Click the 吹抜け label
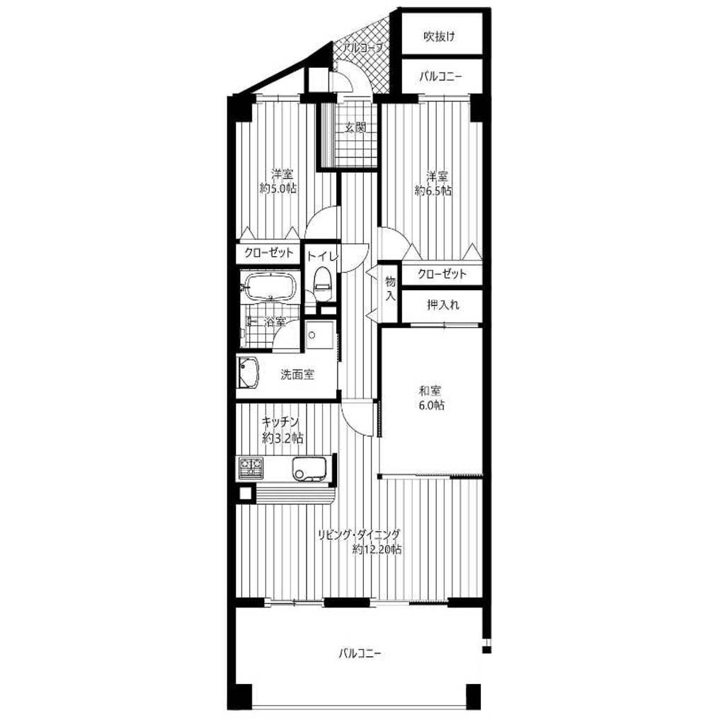coord(439,37)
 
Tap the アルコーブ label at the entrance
coord(362,47)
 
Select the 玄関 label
coord(355,127)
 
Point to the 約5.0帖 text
coord(278,188)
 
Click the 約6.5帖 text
coord(433,190)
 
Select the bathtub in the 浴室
coord(269,286)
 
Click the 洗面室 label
coord(297,375)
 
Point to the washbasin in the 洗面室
coord(248,372)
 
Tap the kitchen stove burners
coord(250,467)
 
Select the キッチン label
coord(280,422)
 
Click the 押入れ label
coord(443,304)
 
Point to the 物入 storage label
coord(391,289)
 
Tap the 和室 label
coord(430,391)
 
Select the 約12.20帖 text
coord(377,549)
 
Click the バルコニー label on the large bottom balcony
coord(359,653)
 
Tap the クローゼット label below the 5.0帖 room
coord(268,253)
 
